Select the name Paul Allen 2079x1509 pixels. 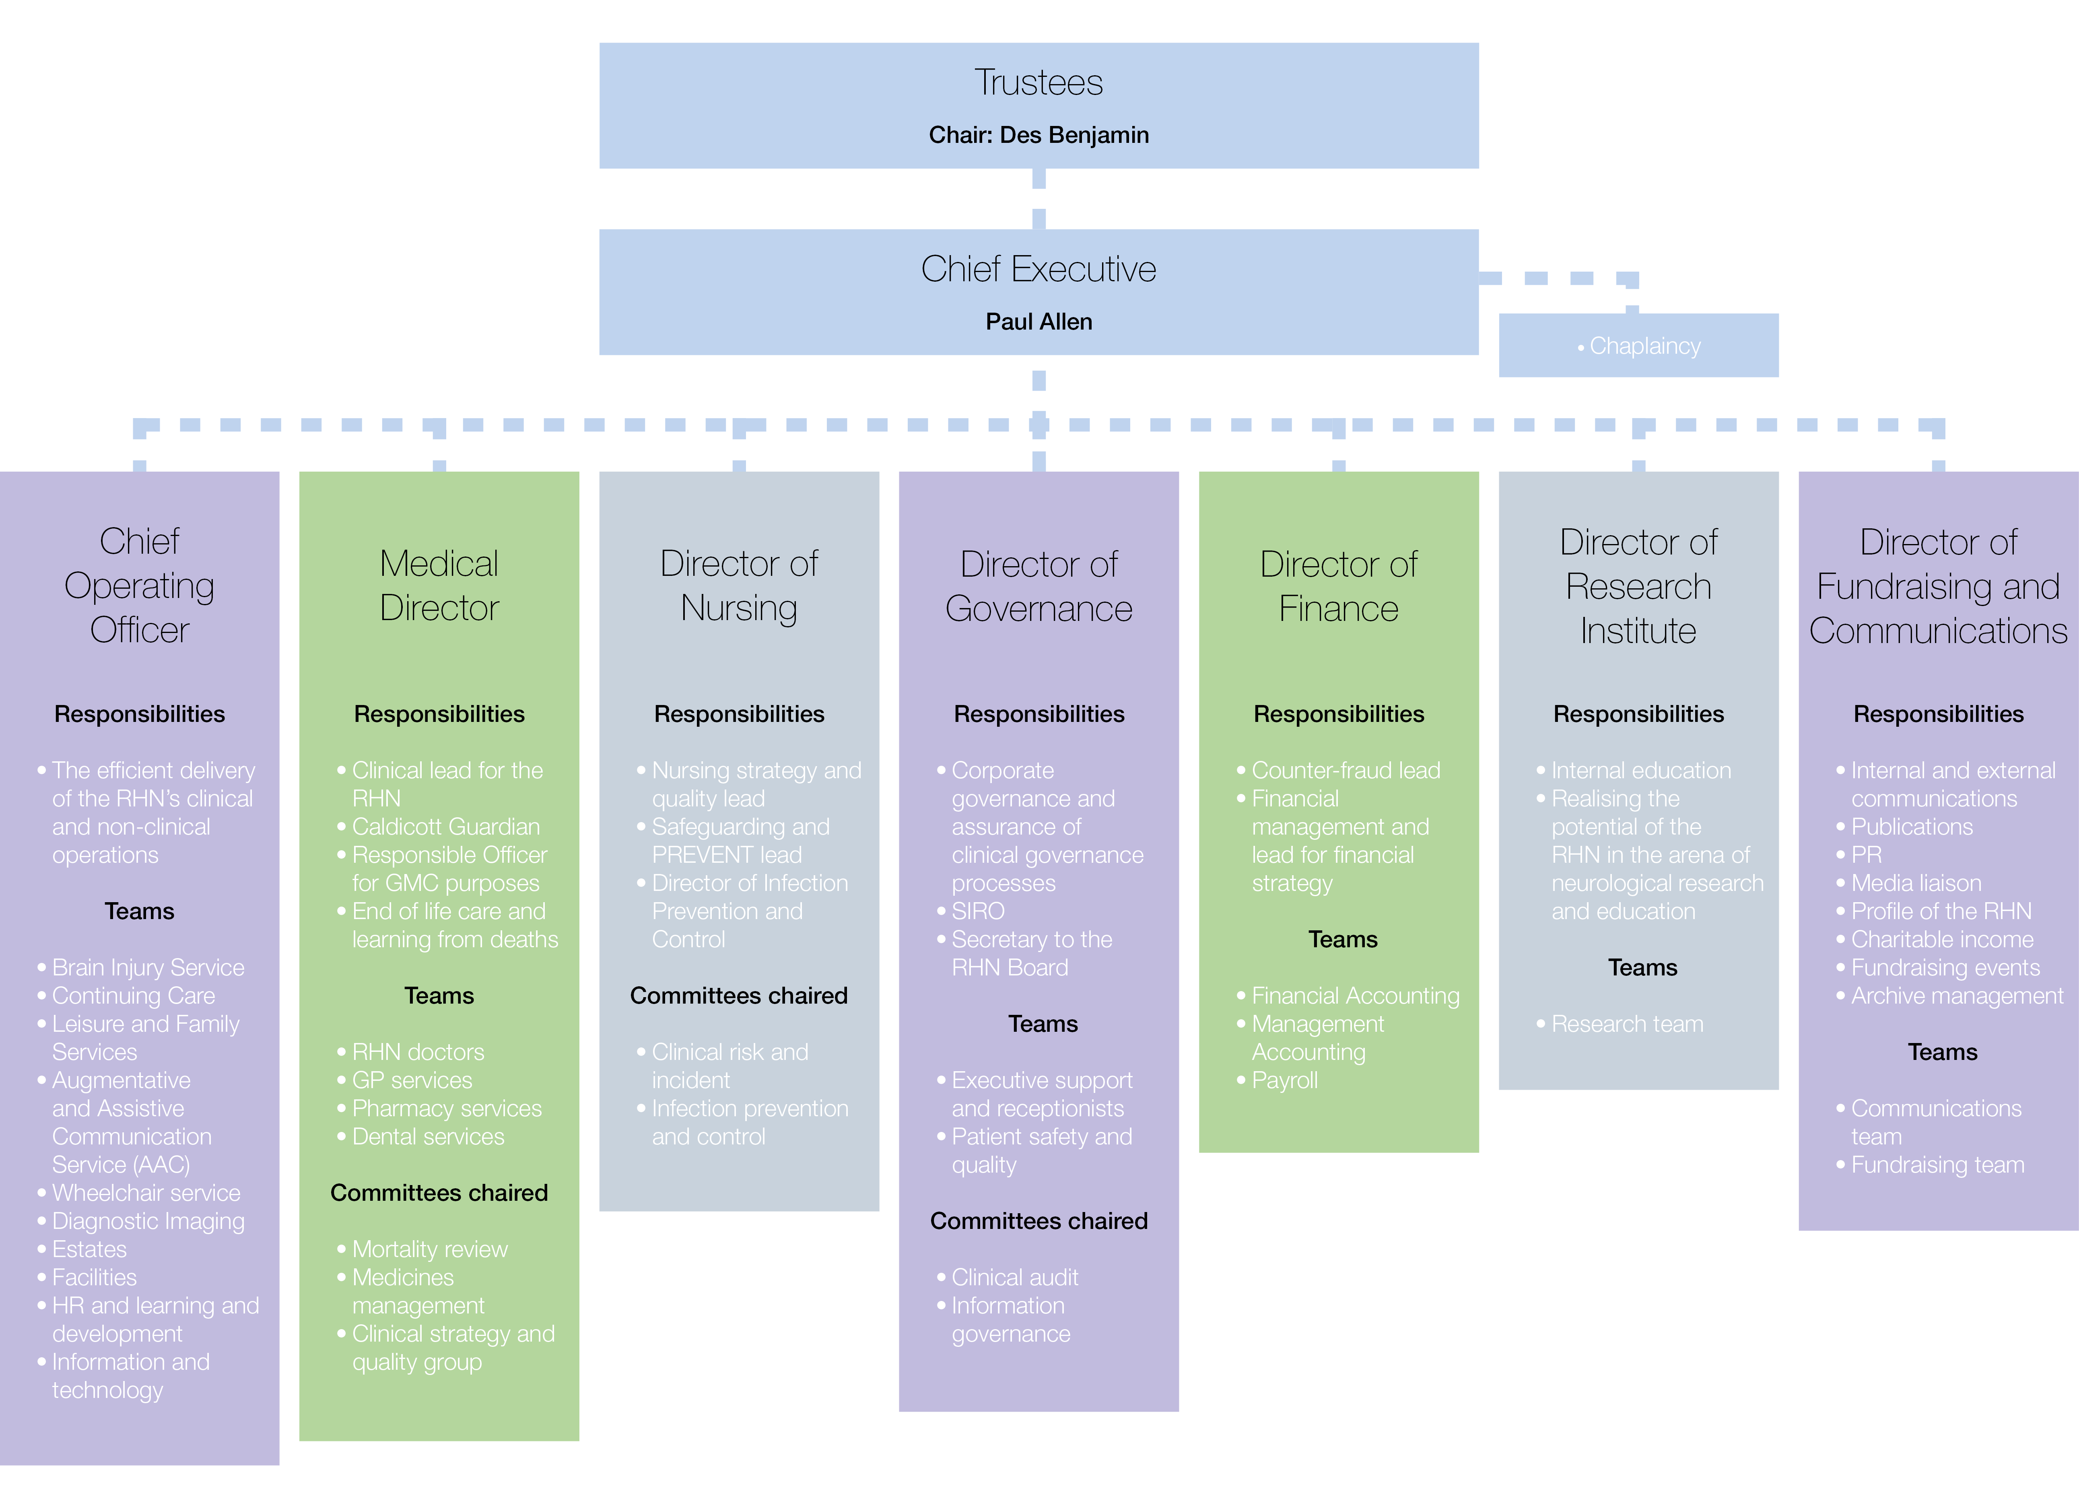pyautogui.click(x=1038, y=322)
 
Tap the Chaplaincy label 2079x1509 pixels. pyautogui.click(x=1644, y=346)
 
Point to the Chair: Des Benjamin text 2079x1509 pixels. pyautogui.click(x=1038, y=135)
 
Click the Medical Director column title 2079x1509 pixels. pyautogui.click(x=439, y=586)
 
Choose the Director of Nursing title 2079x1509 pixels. pyautogui.click(x=739, y=586)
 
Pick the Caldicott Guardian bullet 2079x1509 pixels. pyautogui.click(x=445, y=827)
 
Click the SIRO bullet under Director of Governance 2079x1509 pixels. pyautogui.click(x=978, y=911)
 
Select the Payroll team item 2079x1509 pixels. pyautogui.click(x=1284, y=1081)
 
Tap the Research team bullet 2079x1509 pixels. pyautogui.click(x=1627, y=1024)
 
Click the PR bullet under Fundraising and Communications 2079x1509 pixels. pyautogui.click(x=1866, y=854)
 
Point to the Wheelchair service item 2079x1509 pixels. pyautogui.click(x=146, y=1193)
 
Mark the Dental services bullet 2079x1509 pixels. pyautogui.click(x=428, y=1137)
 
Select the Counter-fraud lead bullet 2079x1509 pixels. pyautogui.click(x=1345, y=770)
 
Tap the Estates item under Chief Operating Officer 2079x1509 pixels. pyautogui.click(x=89, y=1249)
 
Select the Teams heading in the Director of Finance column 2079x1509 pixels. pyautogui.click(x=1343, y=940)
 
